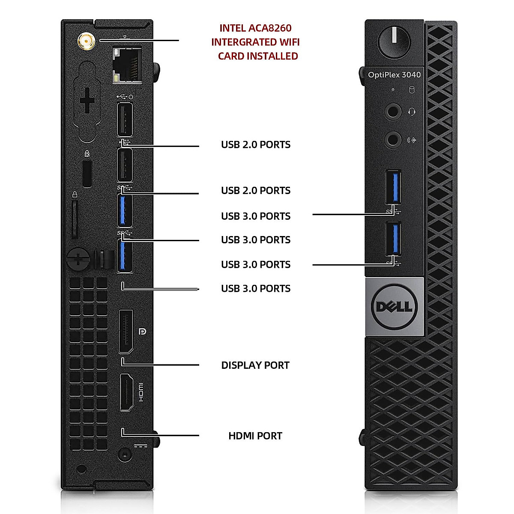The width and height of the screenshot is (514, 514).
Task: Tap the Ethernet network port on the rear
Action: coord(127,66)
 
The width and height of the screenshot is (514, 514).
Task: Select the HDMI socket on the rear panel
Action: coord(126,392)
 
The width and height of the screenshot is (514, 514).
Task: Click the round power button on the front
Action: coord(394,42)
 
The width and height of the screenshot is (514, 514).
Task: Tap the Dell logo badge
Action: coord(394,307)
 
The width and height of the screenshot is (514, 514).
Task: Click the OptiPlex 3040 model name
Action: coord(394,75)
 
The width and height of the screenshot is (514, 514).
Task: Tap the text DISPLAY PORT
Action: coord(255,365)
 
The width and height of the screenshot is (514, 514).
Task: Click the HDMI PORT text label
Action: coord(255,436)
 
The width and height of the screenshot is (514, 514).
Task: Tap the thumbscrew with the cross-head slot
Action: coord(79,258)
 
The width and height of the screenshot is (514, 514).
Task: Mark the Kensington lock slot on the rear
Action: coord(87,173)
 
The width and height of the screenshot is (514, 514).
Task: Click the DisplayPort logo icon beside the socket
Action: coord(143,332)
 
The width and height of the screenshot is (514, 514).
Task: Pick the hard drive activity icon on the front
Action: coord(412,90)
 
